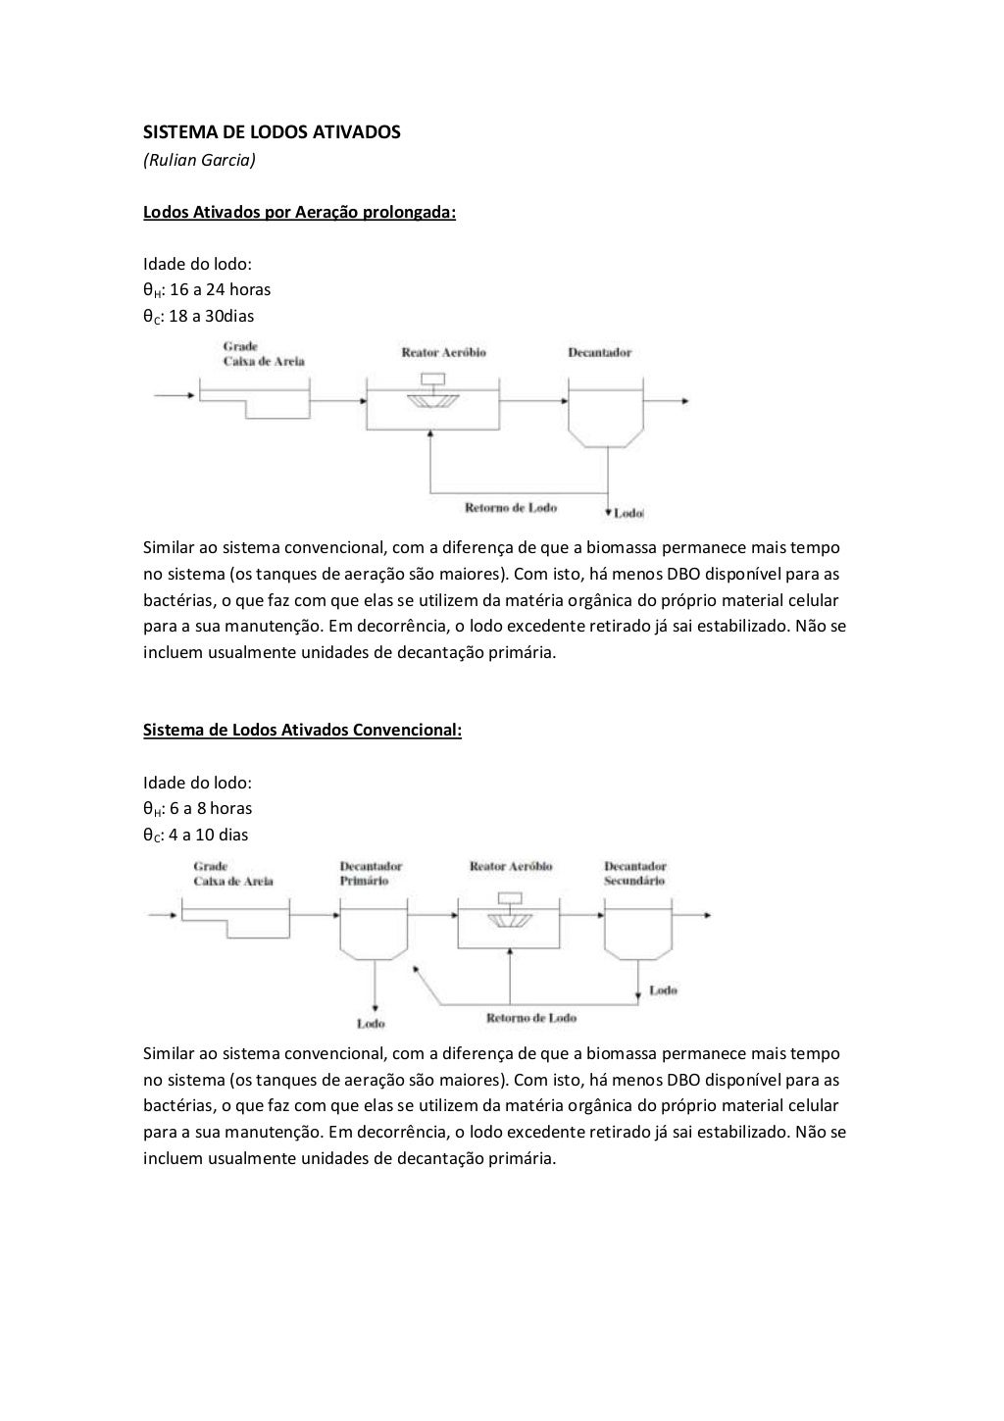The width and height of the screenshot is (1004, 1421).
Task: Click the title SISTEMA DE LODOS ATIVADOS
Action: pos(272,131)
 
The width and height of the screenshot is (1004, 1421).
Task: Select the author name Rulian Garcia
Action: pos(199,159)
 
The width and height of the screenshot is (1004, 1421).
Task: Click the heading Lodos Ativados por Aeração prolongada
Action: pos(300,211)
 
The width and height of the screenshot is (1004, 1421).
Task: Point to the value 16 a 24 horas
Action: pos(220,289)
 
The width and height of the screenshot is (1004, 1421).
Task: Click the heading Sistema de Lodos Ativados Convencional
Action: pos(302,730)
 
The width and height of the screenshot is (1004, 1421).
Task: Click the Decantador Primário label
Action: pos(371,873)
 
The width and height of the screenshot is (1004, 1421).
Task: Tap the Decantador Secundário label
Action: pos(634,873)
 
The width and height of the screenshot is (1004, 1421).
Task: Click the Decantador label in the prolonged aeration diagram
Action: pos(599,353)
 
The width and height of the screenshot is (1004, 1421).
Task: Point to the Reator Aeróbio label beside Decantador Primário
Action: pos(511,866)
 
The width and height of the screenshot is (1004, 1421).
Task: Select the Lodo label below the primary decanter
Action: pos(371,1024)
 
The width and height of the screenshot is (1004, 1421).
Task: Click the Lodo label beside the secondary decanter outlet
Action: pos(663,990)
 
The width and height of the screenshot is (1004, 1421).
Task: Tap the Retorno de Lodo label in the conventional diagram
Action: pos(531,1018)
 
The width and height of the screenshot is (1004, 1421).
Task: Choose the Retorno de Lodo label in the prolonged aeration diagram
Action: pos(511,507)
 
